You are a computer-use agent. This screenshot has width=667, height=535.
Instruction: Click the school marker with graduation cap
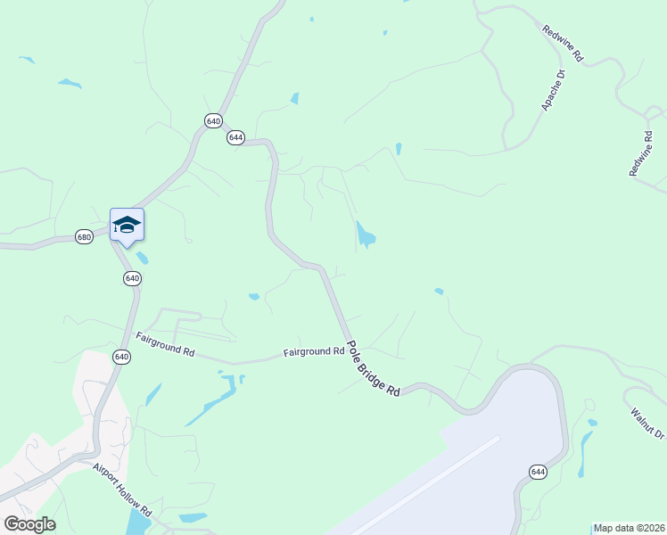coord(127,225)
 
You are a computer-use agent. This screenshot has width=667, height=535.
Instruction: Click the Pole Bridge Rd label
coord(373,367)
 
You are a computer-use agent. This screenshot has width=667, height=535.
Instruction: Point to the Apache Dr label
coord(554,90)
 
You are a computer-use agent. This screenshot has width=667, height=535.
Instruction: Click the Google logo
coord(29,524)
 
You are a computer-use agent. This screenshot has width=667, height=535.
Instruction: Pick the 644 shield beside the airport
coord(537,473)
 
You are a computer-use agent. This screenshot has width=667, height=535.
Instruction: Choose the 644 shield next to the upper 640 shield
coord(235,137)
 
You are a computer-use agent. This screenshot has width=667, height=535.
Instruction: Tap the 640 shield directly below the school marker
coord(132,278)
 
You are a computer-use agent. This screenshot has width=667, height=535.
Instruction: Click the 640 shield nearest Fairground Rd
coord(122,357)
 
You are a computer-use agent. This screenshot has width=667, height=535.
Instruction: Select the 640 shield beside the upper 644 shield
coord(213,120)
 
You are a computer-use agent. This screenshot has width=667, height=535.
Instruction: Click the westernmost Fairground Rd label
coord(165,344)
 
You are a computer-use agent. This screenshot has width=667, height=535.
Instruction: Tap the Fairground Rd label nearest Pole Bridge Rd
coord(314,352)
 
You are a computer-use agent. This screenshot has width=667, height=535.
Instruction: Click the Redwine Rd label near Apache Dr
coord(563,43)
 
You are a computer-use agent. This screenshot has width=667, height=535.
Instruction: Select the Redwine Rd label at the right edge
coord(642,153)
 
